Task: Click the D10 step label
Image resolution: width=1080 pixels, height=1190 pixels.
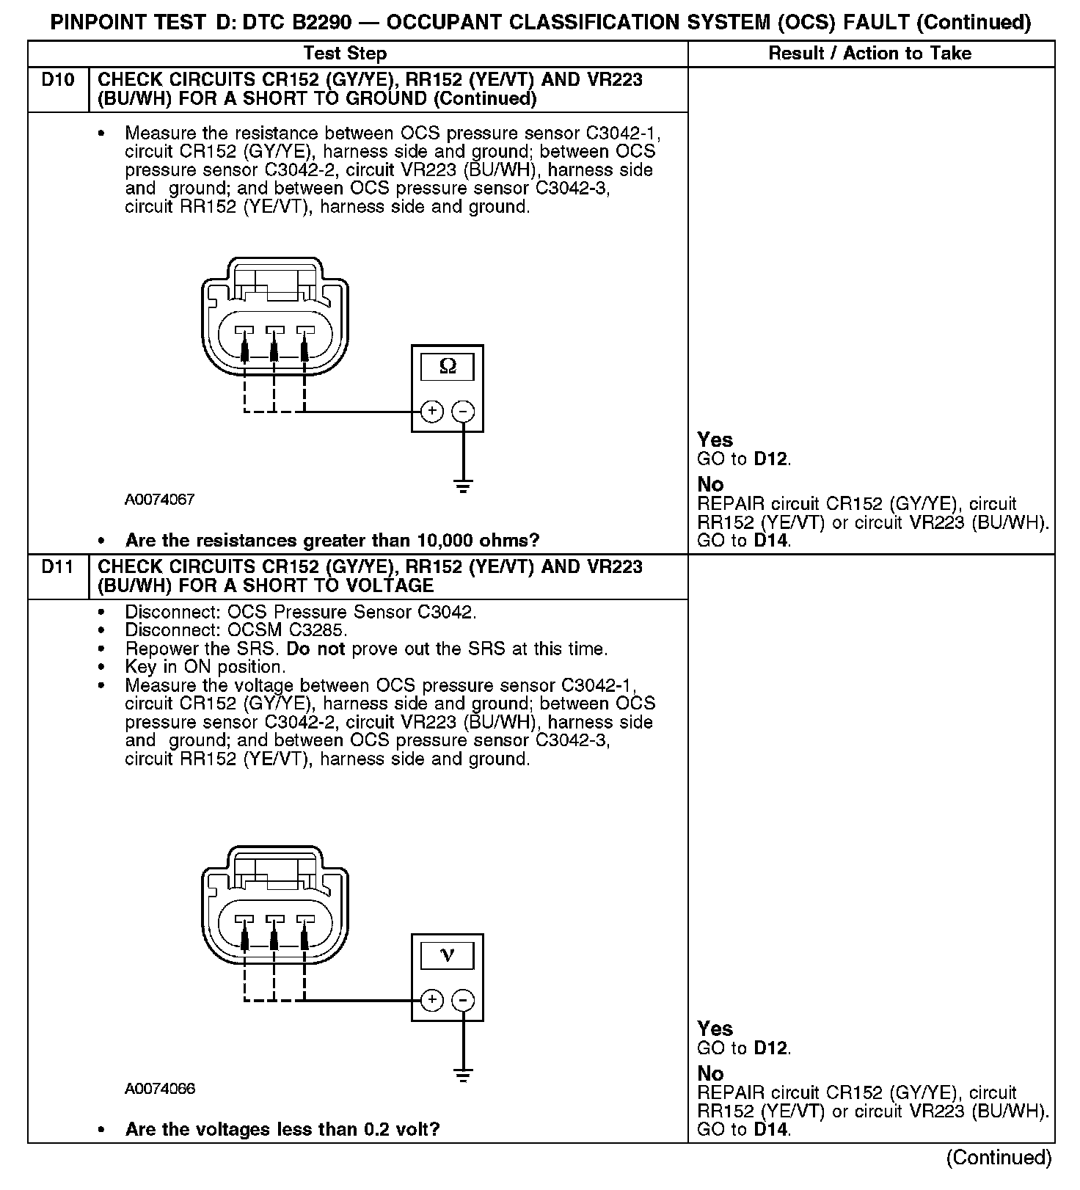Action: coord(58,80)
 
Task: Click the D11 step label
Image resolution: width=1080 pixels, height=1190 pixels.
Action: coord(58,567)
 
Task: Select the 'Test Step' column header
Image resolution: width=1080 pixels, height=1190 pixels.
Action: coord(345,54)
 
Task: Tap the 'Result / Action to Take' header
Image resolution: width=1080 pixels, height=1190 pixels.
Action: coord(869,54)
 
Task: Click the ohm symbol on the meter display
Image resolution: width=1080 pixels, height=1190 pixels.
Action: coord(447,367)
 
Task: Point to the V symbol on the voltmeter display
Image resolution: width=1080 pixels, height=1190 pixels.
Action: coord(447,955)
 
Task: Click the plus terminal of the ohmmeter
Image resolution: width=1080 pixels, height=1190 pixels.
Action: coord(432,411)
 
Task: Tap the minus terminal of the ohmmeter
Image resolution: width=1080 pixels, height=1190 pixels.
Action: coord(463,411)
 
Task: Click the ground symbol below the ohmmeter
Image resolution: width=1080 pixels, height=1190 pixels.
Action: coord(463,485)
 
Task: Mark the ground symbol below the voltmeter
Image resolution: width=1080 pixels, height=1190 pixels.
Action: coord(463,1075)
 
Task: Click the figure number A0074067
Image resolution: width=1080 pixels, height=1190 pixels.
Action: coord(159,500)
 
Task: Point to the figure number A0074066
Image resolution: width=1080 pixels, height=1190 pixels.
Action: coord(159,1089)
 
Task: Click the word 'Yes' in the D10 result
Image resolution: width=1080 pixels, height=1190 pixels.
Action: coord(715,440)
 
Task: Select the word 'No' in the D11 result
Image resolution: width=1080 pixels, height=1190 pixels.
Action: coord(710,1073)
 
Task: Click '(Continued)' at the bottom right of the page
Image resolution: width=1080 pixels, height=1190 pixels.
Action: coord(999,1158)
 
